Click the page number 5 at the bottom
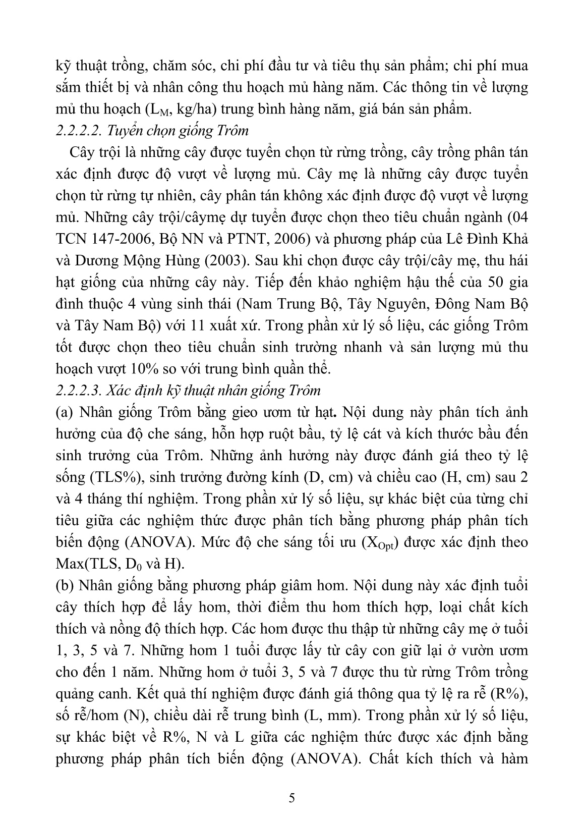(x=292, y=798)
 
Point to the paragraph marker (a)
(x=64, y=412)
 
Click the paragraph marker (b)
(x=64, y=586)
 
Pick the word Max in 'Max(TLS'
(x=70, y=565)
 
